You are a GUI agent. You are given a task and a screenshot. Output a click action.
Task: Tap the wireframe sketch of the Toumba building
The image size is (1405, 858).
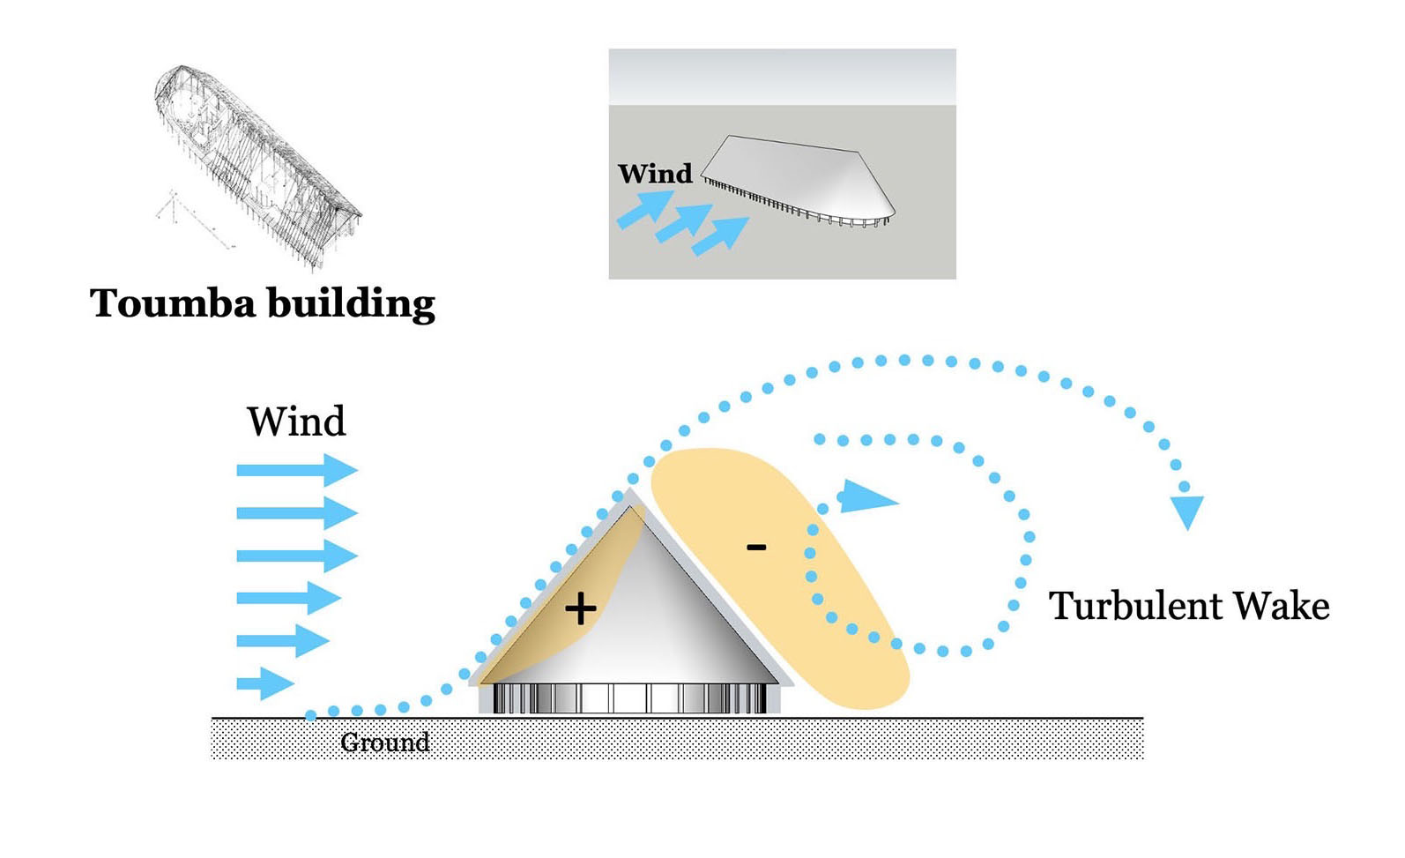point(256,159)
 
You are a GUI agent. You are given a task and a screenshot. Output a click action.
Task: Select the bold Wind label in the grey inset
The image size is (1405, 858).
point(655,174)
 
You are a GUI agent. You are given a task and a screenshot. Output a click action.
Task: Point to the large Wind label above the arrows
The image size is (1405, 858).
point(296,422)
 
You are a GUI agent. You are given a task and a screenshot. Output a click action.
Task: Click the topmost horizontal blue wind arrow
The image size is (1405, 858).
point(296,470)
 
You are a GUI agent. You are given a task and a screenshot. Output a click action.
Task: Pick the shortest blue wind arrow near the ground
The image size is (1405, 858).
point(264,683)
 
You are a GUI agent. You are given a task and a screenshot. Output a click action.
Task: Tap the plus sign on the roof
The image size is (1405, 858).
point(580,608)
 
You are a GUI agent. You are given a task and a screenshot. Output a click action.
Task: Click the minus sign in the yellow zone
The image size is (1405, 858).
point(756,548)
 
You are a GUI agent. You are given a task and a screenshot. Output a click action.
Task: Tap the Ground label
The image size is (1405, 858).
point(385,742)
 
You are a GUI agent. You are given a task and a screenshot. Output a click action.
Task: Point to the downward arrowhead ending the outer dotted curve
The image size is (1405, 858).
point(1187,511)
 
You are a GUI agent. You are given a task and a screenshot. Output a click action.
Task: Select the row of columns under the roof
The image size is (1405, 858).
point(629,698)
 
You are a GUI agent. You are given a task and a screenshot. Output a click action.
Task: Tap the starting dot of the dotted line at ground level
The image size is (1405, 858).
point(310,715)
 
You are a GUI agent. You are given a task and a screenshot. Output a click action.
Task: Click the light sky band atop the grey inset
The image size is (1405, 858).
point(782,77)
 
